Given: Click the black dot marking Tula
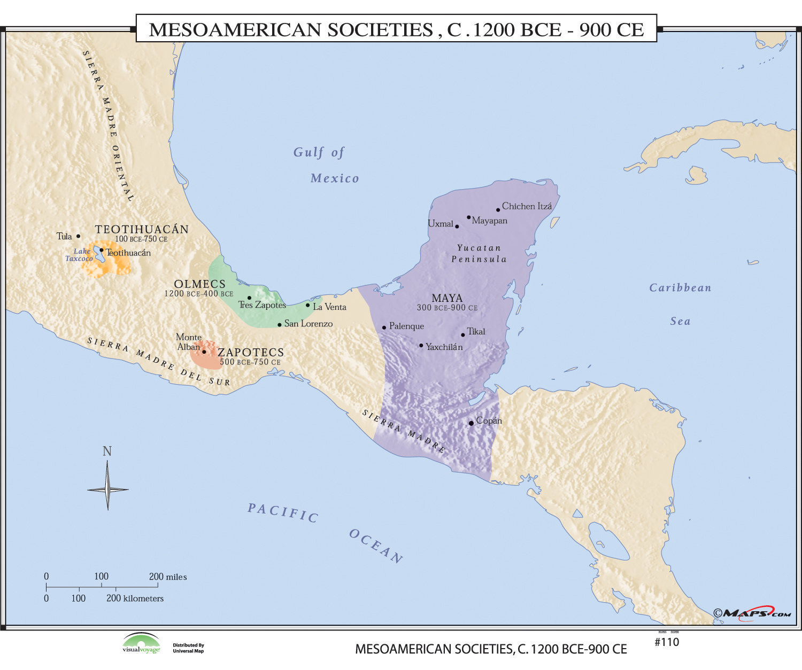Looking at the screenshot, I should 78,236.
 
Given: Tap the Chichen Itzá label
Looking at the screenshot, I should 527,206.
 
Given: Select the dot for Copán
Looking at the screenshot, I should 471,423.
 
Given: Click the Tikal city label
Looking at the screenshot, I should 476,331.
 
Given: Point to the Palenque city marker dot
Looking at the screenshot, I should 384,328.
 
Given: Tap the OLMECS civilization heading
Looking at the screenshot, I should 199,284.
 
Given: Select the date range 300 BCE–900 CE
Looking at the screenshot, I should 447,308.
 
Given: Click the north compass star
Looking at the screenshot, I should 107,488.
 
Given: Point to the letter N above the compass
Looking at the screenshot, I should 107,451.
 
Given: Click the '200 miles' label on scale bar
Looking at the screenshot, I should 168,576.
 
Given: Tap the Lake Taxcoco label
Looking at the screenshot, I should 80,255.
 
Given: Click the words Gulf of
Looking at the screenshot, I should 319,152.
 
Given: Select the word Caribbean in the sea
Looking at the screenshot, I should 680,288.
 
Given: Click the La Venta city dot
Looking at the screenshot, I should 307,305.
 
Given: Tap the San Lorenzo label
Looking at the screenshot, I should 308,323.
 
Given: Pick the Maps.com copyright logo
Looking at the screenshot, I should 752,613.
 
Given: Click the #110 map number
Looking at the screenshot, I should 667,642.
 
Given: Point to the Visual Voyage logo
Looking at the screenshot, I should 141,643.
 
